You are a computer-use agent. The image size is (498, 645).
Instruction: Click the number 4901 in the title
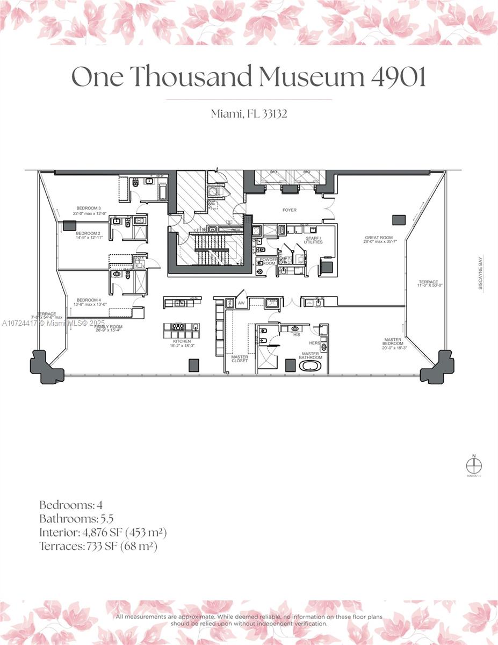coord(398,77)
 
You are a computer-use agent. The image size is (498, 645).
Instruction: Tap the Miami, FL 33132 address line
coord(249,113)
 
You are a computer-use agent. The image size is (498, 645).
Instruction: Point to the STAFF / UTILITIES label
coord(313,240)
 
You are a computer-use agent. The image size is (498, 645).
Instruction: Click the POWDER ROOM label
coord(268,262)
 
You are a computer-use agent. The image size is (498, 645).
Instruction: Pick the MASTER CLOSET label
coord(240,359)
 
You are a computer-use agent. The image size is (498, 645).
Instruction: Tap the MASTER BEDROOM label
coord(393,343)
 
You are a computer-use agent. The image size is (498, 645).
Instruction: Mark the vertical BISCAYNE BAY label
coord(480,273)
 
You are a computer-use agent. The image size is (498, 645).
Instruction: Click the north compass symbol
coord(474,465)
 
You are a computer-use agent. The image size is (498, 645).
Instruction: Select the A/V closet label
coord(241,304)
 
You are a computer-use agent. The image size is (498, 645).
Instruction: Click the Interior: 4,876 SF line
coord(103,533)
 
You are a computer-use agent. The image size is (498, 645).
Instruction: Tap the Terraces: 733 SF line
coord(98,546)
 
